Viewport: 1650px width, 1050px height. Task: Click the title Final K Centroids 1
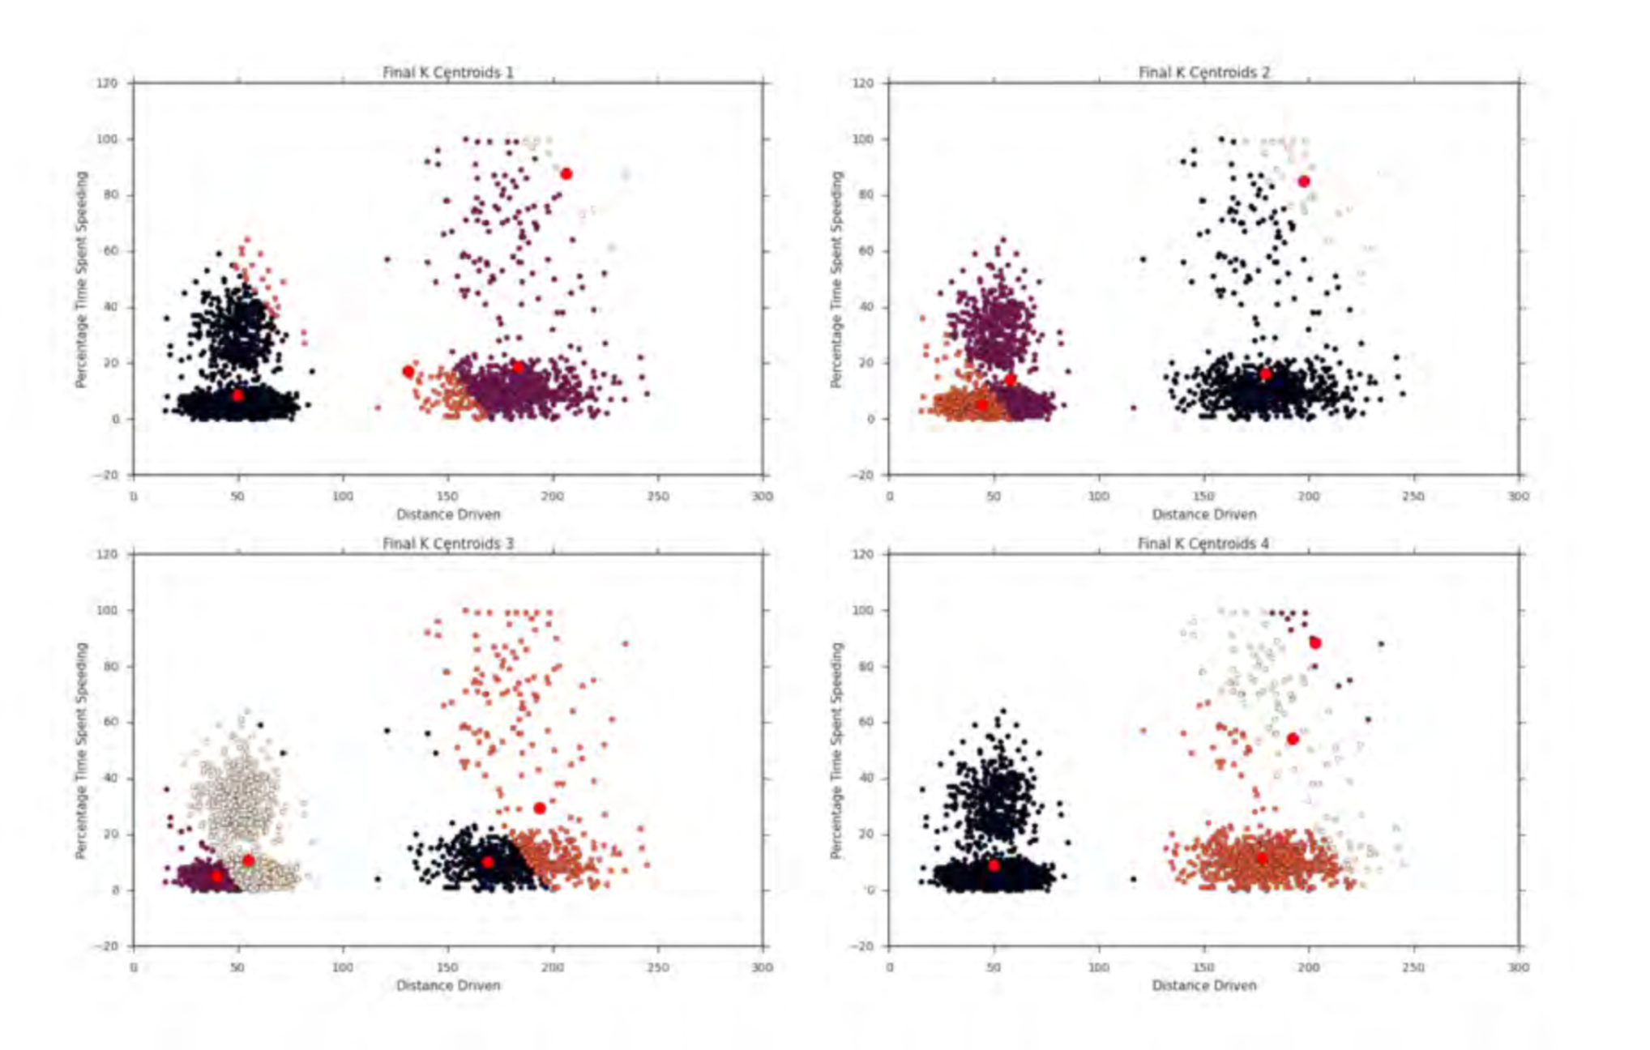click(447, 72)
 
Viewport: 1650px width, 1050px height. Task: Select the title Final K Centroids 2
click(1203, 72)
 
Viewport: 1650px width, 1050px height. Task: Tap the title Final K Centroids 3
click(447, 543)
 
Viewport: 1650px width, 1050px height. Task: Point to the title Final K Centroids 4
click(1203, 543)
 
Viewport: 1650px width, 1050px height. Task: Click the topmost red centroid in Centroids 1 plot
click(566, 173)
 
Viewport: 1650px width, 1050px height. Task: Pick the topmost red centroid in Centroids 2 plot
click(1303, 181)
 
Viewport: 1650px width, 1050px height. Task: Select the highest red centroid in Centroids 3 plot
click(540, 808)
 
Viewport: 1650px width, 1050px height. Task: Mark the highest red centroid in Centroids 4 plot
click(1315, 642)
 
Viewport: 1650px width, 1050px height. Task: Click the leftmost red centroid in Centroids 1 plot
click(237, 395)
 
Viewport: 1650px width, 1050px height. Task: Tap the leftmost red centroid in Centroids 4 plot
click(994, 865)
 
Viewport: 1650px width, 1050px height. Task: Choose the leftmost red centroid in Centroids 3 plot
click(216, 876)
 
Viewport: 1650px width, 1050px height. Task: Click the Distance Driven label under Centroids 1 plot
click(447, 514)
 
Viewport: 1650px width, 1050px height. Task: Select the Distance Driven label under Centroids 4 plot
click(1203, 985)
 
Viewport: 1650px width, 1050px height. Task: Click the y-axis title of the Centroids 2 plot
click(837, 280)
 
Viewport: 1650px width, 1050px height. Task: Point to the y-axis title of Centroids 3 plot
click(81, 750)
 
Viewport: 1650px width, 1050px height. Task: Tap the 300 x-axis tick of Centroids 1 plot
click(762, 496)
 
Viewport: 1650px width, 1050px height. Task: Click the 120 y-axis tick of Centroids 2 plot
click(863, 83)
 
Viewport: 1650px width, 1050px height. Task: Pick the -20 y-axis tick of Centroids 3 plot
click(107, 945)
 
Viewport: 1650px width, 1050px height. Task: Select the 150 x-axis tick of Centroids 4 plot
click(1203, 967)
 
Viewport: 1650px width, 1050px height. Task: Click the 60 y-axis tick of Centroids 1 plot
click(109, 251)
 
